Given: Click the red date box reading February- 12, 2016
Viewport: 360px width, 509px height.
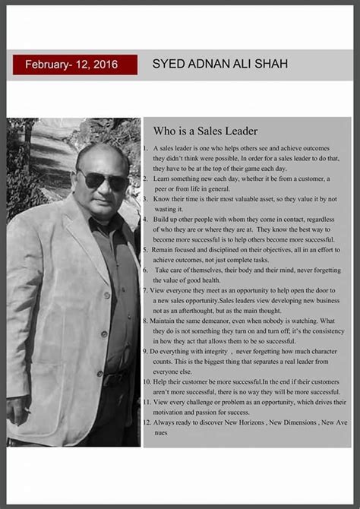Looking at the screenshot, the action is (x=74, y=65).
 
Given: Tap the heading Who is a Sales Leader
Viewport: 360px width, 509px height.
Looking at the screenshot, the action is (x=205, y=131).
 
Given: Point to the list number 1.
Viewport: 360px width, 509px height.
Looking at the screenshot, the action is (x=147, y=149).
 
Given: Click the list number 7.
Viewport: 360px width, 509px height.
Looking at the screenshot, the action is (x=146, y=290).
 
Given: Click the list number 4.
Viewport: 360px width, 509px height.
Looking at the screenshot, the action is (x=145, y=219).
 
